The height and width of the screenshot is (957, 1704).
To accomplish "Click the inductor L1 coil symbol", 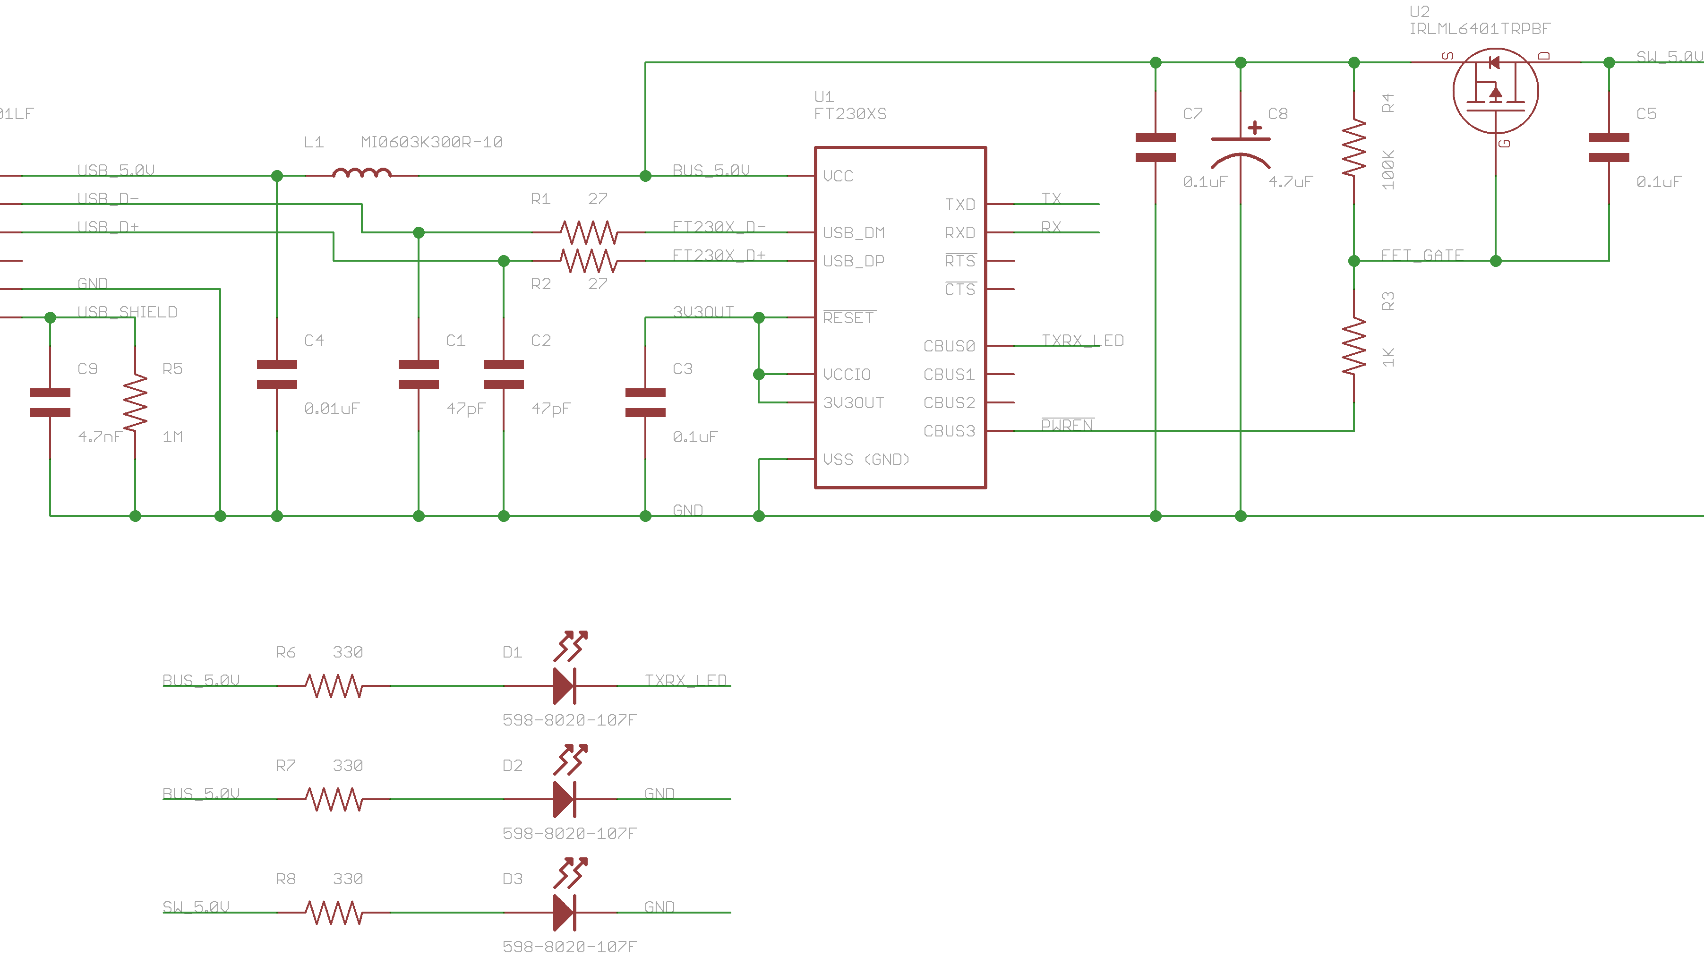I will [x=362, y=174].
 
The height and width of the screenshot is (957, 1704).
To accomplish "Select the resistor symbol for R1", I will [x=589, y=232].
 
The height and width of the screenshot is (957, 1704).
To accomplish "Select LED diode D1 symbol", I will [x=564, y=686].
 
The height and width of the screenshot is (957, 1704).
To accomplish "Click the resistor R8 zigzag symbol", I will [x=334, y=912].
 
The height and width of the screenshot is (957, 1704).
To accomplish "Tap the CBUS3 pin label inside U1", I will [x=949, y=431].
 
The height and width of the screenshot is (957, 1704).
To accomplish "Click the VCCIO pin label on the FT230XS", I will [x=846, y=374].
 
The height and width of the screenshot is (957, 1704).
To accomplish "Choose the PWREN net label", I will [x=1067, y=425].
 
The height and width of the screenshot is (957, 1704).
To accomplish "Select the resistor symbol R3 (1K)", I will [x=1353, y=345].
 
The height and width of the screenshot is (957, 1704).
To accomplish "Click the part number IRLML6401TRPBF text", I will [x=1479, y=28].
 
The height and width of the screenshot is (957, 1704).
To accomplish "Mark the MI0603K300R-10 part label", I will [x=431, y=142].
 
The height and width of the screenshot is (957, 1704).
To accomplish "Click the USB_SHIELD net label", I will [x=127, y=311].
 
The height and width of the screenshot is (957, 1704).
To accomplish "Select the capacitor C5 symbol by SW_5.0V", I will [x=1609, y=147].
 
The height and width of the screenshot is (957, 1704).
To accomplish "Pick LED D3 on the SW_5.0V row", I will [x=564, y=912].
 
